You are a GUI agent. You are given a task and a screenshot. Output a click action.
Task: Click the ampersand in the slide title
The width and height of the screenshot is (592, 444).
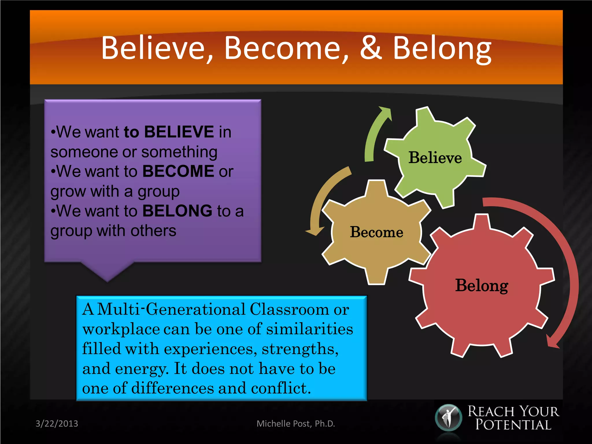click(x=371, y=48)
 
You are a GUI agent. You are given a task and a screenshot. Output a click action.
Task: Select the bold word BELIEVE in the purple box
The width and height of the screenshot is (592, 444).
click(x=179, y=132)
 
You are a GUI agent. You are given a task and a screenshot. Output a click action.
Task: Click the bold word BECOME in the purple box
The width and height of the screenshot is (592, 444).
click(x=178, y=171)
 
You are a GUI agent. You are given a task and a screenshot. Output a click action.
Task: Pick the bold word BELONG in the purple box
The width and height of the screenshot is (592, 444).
click(x=177, y=211)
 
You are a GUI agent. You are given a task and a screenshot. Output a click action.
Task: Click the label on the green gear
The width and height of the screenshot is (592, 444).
click(x=435, y=158)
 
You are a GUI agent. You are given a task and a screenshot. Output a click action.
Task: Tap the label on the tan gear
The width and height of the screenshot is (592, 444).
click(x=376, y=232)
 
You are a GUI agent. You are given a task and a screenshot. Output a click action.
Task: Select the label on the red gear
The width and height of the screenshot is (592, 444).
click(x=482, y=286)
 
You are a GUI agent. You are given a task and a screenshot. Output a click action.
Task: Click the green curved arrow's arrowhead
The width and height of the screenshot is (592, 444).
click(x=386, y=112)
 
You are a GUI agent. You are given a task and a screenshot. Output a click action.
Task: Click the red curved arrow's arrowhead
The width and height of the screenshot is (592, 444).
click(x=553, y=343)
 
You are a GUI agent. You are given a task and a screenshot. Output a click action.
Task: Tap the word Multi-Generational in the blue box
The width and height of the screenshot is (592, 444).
click(x=171, y=310)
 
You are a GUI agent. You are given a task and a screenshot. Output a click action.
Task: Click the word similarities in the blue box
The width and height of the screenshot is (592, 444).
click(x=309, y=329)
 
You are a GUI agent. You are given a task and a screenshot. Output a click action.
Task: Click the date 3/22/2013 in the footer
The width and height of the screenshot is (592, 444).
click(x=57, y=423)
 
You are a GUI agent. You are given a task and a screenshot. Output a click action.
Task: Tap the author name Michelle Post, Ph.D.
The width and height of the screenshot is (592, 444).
click(x=296, y=423)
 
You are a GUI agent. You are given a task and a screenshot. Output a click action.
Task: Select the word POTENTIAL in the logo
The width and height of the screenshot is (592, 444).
click(x=513, y=425)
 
